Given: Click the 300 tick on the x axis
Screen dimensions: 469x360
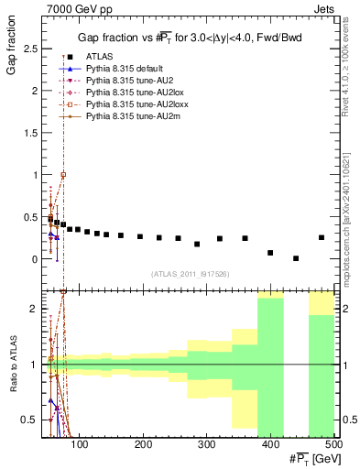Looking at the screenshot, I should click(270, 445).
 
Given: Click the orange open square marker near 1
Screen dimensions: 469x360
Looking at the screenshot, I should click(63, 174).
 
